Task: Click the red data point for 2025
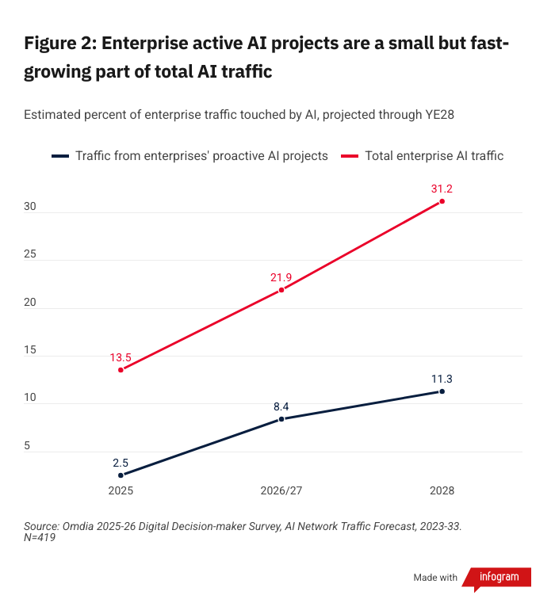121,370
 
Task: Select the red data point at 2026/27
281,290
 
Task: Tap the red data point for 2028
442,201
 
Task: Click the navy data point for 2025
121,475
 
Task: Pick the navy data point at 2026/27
281,419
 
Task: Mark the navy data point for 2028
442,391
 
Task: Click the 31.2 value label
442,189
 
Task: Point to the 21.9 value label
281,277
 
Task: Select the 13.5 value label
121,357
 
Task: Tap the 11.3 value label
442,379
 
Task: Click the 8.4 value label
281,406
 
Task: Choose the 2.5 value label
121,463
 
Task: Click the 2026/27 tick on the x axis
281,491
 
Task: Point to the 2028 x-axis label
442,491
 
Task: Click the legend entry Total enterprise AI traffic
434,156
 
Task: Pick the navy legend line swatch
60,156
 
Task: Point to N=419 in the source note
40,538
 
